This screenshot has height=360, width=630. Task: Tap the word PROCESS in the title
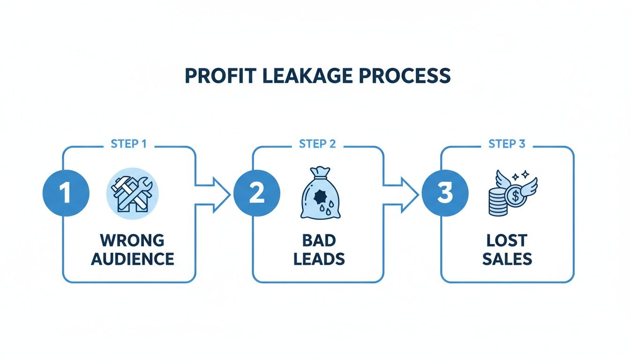pos(406,76)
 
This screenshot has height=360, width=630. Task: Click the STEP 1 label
pos(128,144)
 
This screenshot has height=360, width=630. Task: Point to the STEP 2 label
pos(317,144)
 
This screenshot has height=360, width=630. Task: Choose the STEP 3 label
pos(507,144)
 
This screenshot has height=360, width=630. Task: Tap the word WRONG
pos(132,240)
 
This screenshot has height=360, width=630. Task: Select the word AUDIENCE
pos(133,259)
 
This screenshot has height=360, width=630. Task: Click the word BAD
pos(319,240)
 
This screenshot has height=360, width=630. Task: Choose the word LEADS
pos(319,259)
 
